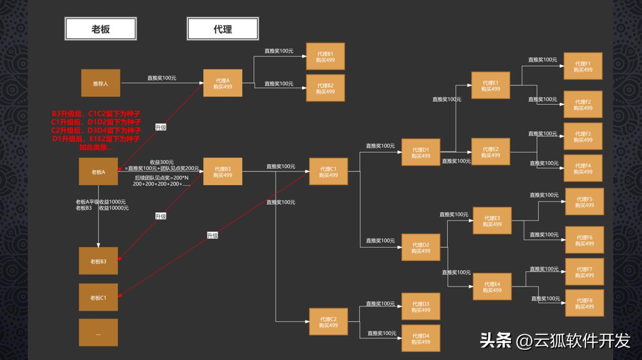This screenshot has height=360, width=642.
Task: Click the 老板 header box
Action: [101, 29]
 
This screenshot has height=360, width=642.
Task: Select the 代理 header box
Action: [223, 29]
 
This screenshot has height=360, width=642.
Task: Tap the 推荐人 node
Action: [101, 83]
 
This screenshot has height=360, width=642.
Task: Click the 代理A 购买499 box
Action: [223, 83]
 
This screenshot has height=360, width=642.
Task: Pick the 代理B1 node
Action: [325, 56]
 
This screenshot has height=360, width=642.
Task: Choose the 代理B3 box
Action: [223, 171]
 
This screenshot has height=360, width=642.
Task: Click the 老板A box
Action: [98, 171]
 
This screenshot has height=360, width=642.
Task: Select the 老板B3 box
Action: [98, 261]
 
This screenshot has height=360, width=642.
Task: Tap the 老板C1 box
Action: [98, 297]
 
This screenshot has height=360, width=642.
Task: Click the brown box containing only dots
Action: [98, 333]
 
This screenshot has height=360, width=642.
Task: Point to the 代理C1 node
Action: [328, 171]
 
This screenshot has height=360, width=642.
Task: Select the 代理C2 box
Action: [328, 322]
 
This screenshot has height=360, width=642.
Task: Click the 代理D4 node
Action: [420, 338]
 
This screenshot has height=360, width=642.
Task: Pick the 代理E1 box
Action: [490, 85]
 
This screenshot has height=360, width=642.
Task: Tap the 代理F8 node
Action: [584, 303]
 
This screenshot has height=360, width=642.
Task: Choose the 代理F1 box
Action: [583, 66]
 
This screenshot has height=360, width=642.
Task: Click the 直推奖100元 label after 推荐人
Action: [161, 78]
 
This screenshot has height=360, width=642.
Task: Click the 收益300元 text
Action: [161, 162]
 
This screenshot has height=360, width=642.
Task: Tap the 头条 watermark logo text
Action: [495, 340]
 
